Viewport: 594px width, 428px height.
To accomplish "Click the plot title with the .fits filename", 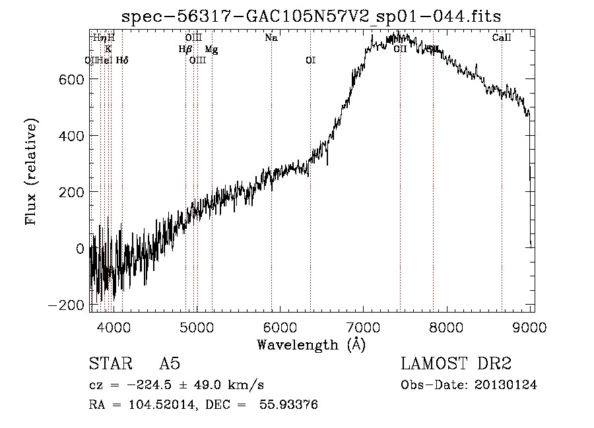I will click(312, 16).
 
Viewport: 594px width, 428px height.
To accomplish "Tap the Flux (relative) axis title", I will click(32, 171).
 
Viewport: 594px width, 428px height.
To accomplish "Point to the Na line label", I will click(271, 38).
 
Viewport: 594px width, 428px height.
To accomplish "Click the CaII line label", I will click(502, 38).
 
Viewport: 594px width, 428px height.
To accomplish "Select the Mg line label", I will click(211, 49).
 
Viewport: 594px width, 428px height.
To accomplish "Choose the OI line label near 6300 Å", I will click(310, 61).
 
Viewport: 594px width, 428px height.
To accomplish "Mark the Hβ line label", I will click(185, 49).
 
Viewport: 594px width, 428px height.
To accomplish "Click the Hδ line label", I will click(122, 61).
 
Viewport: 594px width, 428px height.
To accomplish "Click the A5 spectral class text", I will click(170, 365).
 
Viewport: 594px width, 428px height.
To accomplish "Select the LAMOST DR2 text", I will click(456, 365).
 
